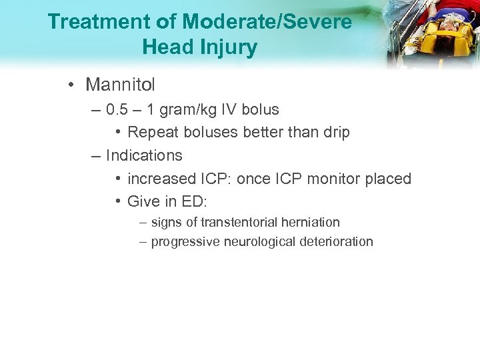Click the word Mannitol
coord(120,85)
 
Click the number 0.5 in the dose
coord(119,109)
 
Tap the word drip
coord(335,133)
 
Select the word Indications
coord(144,155)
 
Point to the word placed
coord(389,179)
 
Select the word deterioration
coord(336,241)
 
